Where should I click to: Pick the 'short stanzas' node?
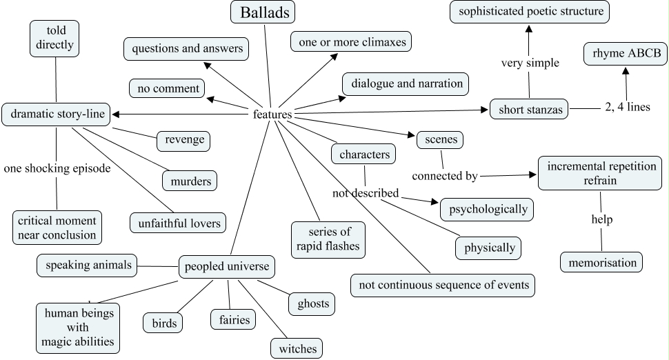(x=529, y=109)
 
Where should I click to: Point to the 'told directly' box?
(x=55, y=39)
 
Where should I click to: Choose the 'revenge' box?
(x=183, y=140)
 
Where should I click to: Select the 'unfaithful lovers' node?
(x=178, y=223)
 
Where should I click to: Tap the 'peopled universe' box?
(x=228, y=266)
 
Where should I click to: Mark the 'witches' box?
(x=297, y=348)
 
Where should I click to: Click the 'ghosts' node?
(x=313, y=303)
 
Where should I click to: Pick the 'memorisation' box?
(x=601, y=263)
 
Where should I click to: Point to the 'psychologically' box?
(x=488, y=209)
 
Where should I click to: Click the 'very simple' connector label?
(x=530, y=63)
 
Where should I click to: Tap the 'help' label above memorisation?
(x=601, y=220)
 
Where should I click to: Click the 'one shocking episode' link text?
(x=57, y=168)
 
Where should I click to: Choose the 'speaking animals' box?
(x=86, y=264)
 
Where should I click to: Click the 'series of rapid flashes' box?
(x=327, y=237)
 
